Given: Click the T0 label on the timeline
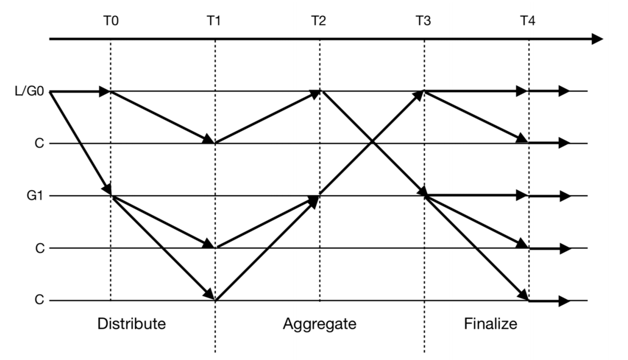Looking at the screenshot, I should [110, 21].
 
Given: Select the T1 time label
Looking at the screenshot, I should [215, 21].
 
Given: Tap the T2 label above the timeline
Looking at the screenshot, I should [320, 21].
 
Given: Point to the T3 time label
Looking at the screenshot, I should [424, 21].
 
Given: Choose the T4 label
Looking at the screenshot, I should [528, 21].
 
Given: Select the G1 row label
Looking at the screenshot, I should [34, 196].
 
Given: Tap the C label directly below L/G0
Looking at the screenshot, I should [39, 144].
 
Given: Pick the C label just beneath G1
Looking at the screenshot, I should [39, 248].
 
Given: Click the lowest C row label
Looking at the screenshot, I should [39, 300].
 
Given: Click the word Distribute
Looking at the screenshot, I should [132, 324].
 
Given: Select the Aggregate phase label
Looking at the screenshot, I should [320, 324].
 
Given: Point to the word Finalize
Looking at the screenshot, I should [491, 324].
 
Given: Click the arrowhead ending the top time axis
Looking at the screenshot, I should [597, 39].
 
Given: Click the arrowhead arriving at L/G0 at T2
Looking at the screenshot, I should [315, 94].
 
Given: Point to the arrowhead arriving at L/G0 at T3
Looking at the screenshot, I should [419, 95].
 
